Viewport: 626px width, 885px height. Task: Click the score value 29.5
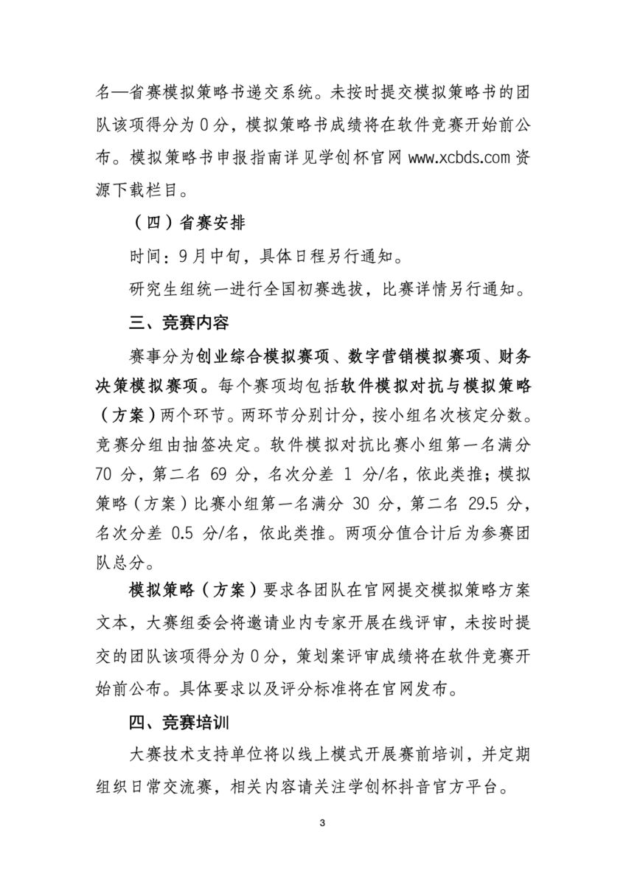[477, 505]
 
